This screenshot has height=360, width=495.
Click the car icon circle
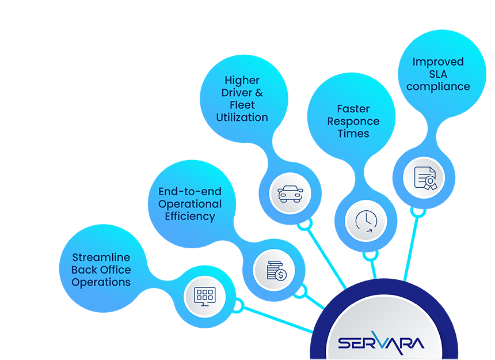290,193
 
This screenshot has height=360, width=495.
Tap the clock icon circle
365,221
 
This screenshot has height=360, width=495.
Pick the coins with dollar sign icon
274,270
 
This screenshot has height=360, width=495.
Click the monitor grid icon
204,297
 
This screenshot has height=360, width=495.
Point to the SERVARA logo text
381,343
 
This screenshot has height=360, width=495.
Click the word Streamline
101,257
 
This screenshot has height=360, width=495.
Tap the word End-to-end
190,191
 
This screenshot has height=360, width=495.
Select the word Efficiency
190,217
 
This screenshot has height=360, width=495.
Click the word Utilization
242,117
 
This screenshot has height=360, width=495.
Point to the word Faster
353,108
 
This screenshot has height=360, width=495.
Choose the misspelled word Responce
353,121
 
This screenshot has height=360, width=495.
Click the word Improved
437,62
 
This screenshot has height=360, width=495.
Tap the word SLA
437,74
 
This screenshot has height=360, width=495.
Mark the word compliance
437,86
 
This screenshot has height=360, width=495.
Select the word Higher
242,80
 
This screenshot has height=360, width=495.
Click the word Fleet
242,105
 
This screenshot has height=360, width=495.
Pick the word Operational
190,204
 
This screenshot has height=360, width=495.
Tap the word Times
353,133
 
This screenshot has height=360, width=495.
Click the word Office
115,270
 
